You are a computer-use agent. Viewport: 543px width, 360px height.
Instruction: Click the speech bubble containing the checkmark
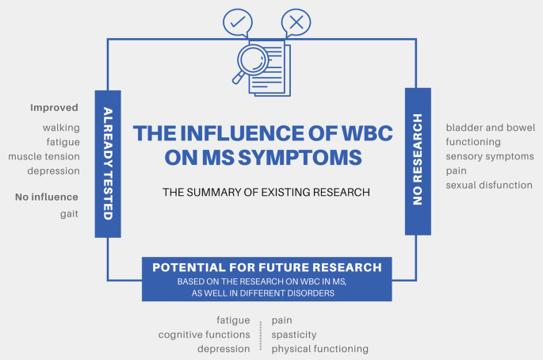point(236,21)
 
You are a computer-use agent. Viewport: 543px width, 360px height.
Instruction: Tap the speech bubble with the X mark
point(296,21)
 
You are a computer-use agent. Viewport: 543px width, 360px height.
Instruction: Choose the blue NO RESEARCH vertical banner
point(417,161)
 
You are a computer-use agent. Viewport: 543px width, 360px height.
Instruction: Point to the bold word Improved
point(55,108)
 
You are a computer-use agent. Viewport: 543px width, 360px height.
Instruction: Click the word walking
point(60,128)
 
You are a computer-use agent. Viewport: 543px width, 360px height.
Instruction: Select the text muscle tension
point(44,156)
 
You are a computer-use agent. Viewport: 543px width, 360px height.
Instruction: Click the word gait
point(67,214)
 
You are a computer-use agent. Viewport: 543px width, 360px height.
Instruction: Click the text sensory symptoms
point(489,156)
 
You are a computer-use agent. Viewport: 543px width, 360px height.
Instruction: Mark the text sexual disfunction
point(488,185)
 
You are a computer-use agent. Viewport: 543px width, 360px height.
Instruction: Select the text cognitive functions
point(205,334)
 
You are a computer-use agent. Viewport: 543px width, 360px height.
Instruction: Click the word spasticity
point(294,334)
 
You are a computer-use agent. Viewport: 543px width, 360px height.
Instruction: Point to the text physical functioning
point(319,348)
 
